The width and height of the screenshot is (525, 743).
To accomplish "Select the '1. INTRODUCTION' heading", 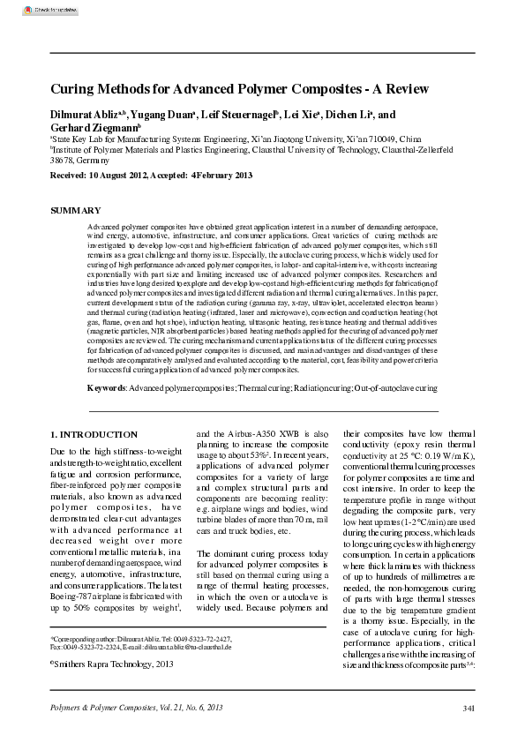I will coord(94,434).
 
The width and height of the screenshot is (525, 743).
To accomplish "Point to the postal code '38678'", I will coord(62,161).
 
